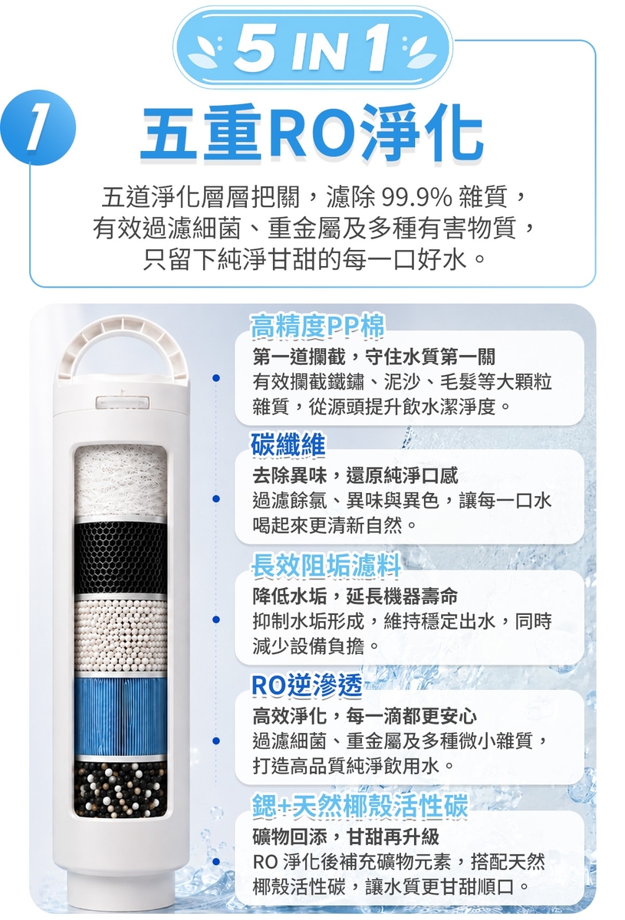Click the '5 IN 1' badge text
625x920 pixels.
312,49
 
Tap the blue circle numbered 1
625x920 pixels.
38,127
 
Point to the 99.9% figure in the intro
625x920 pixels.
416,198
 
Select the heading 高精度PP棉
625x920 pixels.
318,327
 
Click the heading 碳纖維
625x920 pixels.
288,445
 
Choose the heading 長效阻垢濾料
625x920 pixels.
326,565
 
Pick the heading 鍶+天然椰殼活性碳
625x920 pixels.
360,806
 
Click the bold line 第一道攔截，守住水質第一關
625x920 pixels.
374,356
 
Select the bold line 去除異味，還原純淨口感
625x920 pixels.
355,475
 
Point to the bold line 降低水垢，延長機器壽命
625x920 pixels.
355,596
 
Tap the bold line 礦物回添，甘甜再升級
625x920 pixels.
346,836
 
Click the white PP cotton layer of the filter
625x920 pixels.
121,481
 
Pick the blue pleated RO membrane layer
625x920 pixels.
121,714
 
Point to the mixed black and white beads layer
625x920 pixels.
121,789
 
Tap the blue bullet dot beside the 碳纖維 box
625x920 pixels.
215,498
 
